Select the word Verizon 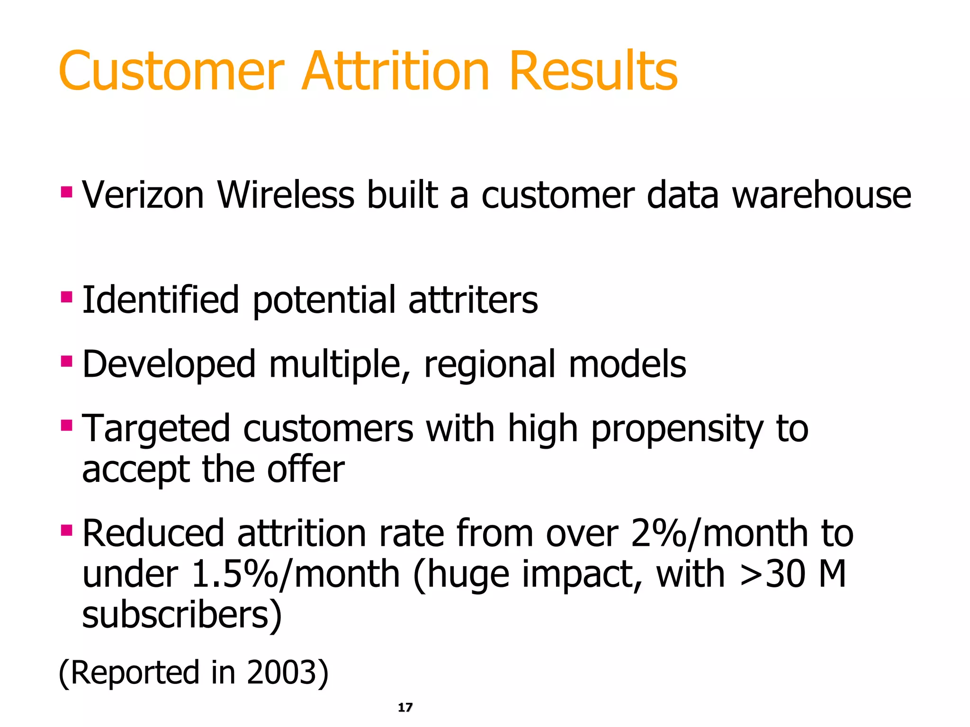coord(143,195)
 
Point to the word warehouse coord(821,195)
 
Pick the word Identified coord(161,300)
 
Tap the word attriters coord(473,300)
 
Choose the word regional coord(490,365)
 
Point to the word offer coord(305,470)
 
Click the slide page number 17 coord(405,708)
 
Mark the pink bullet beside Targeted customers coord(67,426)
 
